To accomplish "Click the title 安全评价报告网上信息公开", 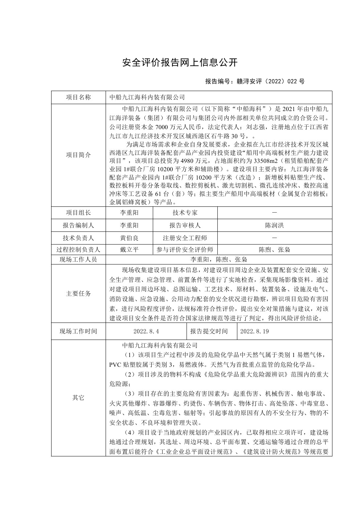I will pyautogui.click(x=180, y=62).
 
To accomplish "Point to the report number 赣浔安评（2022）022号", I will pyautogui.click(x=255, y=81).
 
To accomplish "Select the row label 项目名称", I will pyautogui.click(x=78, y=97).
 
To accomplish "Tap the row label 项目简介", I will pyautogui.click(x=78, y=155).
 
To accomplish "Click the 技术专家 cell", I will pyautogui.click(x=185, y=213).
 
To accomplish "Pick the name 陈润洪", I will pyautogui.click(x=274, y=225).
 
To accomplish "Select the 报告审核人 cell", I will pyautogui.click(x=185, y=225).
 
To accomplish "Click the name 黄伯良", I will pyautogui.click(x=129, y=238).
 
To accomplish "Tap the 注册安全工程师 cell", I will pyautogui.click(x=185, y=238).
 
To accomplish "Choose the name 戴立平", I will pyautogui.click(x=129, y=250).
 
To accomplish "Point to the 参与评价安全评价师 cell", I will pyautogui.click(x=185, y=250).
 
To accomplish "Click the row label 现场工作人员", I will pyautogui.click(x=78, y=259).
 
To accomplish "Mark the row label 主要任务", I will pyautogui.click(x=78, y=294).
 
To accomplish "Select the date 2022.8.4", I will pyautogui.click(x=146, y=331).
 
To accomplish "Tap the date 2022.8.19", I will pyautogui.click(x=254, y=331).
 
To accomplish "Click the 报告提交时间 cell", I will pyautogui.click(x=209, y=331).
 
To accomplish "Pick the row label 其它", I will pyautogui.click(x=78, y=398).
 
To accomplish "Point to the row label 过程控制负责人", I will pyautogui.click(x=78, y=250).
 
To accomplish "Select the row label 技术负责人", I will pyautogui.click(x=78, y=238).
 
